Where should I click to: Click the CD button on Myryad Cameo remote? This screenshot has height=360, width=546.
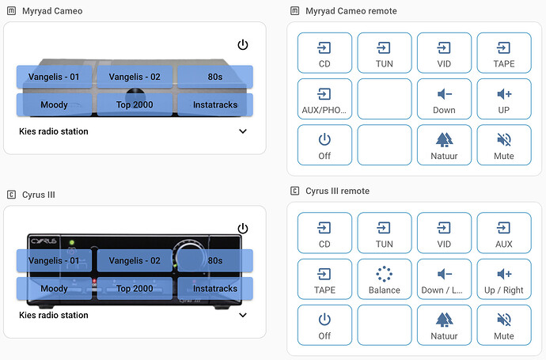(x=324, y=55)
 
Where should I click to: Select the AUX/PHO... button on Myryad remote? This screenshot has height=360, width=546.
(x=324, y=100)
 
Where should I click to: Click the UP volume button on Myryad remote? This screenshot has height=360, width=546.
(x=504, y=100)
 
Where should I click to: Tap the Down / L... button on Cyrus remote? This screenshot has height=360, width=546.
(x=444, y=281)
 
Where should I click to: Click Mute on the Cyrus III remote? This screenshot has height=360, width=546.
(x=504, y=327)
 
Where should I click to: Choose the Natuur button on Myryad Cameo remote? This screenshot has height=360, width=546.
(x=444, y=146)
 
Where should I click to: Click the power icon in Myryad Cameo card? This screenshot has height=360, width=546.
(x=243, y=45)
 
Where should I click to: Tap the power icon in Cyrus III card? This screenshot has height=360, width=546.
(x=243, y=229)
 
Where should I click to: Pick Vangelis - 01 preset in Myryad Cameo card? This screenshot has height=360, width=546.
(x=55, y=77)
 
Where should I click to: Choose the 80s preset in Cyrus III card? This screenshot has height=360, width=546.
(x=214, y=260)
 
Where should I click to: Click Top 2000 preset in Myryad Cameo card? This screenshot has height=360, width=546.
(x=135, y=104)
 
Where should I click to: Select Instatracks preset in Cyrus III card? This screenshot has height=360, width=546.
(x=214, y=289)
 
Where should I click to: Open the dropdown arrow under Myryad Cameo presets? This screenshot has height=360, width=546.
(x=243, y=131)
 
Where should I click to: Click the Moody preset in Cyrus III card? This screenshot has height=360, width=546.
(x=55, y=289)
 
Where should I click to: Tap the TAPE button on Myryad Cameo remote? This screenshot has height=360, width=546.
(x=504, y=55)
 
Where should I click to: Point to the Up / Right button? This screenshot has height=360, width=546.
(x=504, y=281)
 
